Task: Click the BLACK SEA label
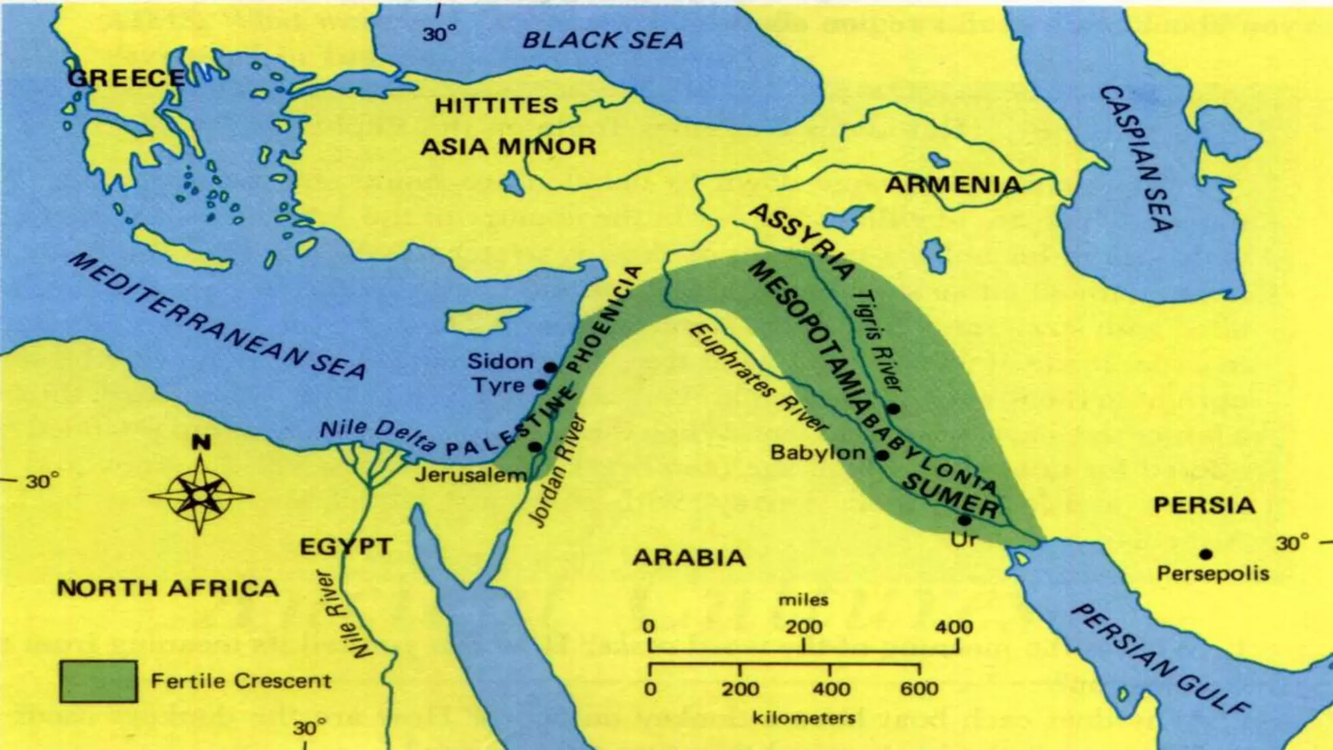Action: [603, 40]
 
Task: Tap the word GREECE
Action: [126, 79]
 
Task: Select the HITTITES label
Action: [496, 105]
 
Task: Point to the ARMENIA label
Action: [954, 185]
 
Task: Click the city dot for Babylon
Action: [882, 455]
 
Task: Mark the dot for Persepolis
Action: [1205, 554]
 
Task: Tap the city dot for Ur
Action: [965, 520]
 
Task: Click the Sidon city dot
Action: [550, 367]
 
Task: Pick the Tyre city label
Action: [499, 385]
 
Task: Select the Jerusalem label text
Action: [470, 475]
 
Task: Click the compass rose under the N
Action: [200, 497]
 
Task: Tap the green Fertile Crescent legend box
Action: [98, 681]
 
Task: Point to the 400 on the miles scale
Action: [954, 627]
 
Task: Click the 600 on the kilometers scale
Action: [919, 689]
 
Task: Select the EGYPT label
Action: [346, 547]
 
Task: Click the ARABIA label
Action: [689, 558]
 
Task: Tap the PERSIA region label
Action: [1204, 505]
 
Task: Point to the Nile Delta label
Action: [378, 436]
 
